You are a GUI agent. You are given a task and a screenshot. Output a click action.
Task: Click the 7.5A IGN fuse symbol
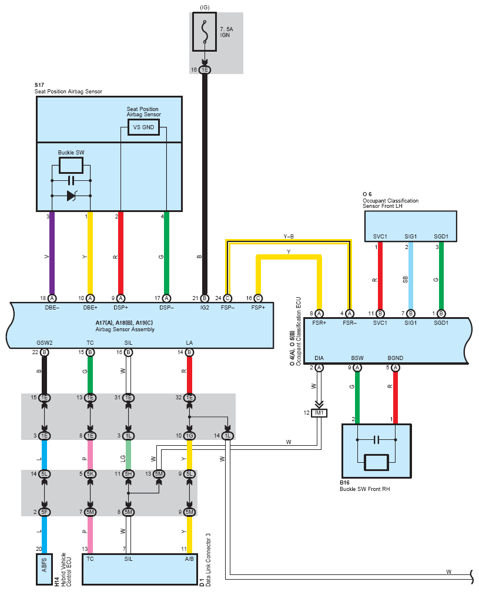(205, 32)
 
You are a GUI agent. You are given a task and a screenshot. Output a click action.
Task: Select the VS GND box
(143, 127)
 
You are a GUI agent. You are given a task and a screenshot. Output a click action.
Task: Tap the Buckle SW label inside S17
(71, 153)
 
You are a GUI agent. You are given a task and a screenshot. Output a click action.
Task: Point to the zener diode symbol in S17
(71, 196)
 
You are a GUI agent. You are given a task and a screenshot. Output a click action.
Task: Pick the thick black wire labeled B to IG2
(205, 184)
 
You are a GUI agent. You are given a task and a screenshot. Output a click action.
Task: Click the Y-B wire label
(289, 237)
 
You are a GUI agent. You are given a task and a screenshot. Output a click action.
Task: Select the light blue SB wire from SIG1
(411, 275)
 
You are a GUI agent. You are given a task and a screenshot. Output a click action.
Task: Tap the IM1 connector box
(319, 413)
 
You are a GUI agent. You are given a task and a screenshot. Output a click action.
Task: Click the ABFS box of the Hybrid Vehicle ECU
(44, 569)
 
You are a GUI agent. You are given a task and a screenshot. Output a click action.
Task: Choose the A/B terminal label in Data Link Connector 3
(189, 559)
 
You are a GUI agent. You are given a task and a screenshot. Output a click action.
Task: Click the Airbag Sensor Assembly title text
(125, 329)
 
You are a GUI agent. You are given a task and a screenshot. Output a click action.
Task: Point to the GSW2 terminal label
(45, 343)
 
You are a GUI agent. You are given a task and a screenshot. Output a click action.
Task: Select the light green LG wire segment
(129, 455)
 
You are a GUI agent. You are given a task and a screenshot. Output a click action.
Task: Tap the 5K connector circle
(91, 474)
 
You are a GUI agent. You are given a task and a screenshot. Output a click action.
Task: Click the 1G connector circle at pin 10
(189, 436)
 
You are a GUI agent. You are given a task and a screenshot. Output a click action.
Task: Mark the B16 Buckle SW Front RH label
(364, 486)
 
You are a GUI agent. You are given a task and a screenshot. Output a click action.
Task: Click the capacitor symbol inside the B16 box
(376, 440)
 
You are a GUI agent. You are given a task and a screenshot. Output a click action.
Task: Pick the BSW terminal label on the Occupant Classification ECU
(357, 358)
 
